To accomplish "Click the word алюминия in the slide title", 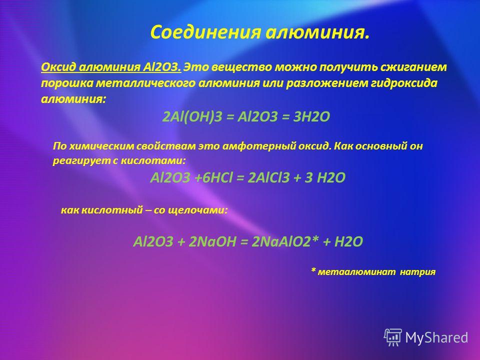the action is coord(317,32).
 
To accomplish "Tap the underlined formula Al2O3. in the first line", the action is coord(162,67).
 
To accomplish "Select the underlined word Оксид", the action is coord(58,67).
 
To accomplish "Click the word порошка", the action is coord(66,83).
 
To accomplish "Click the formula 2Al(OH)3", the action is coord(192,116).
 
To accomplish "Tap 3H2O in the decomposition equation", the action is coord(311,116).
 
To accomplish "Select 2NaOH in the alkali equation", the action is coord(212,242).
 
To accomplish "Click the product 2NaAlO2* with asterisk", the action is coord(285,242).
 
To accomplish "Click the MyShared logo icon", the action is coord(393,337).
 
